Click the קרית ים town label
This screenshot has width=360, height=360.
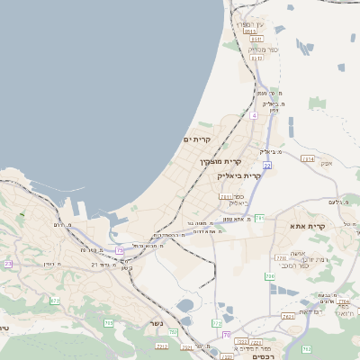pyautogui.click(x=195, y=139)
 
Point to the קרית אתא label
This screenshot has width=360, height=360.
pyautogui.click(x=309, y=226)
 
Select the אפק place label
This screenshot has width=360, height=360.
pyautogui.click(x=326, y=163)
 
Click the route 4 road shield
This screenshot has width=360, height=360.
pyautogui.click(x=255, y=115)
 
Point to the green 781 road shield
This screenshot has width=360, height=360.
pyautogui.click(x=259, y=217)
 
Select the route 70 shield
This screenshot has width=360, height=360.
pyautogui.click(x=226, y=334)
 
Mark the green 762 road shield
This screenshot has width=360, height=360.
pyautogui.click(x=306, y=348)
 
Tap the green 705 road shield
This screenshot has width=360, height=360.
pyautogui.click(x=108, y=322)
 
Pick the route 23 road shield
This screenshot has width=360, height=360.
pyautogui.click(x=8, y=264)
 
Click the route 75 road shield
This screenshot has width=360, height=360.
pyautogui.click(x=121, y=251)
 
